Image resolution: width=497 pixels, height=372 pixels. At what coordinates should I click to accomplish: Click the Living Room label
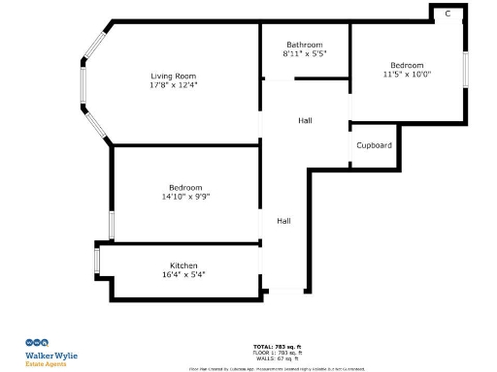[173, 76]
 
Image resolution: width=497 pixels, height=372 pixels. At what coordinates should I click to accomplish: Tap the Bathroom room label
[304, 45]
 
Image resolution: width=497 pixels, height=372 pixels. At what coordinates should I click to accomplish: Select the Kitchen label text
[184, 265]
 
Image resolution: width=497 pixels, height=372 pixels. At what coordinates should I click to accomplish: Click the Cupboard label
[374, 145]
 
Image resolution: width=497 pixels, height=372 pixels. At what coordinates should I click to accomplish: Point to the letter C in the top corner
[447, 14]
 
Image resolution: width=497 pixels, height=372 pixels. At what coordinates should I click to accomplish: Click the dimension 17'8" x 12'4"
[173, 85]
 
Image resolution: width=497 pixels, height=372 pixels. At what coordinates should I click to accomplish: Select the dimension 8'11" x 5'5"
[304, 54]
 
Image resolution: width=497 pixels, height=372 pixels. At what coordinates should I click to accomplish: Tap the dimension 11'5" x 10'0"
[407, 74]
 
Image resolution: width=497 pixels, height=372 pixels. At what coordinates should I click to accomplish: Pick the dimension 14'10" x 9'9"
[185, 197]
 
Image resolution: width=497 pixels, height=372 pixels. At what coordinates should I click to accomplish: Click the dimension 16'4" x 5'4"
[184, 275]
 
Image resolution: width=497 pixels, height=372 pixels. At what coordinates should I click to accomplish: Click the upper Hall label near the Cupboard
[305, 120]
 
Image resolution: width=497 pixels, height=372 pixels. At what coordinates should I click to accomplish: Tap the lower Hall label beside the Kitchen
[283, 221]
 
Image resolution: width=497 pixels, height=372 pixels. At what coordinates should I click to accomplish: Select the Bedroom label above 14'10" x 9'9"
[185, 187]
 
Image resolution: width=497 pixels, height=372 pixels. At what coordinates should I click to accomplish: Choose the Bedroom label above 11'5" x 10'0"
[407, 64]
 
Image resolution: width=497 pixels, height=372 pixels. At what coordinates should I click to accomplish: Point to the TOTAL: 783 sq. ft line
[277, 346]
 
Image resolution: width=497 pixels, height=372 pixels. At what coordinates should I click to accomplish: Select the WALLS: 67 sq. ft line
[277, 357]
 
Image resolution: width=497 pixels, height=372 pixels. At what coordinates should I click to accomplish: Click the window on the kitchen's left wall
[96, 261]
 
